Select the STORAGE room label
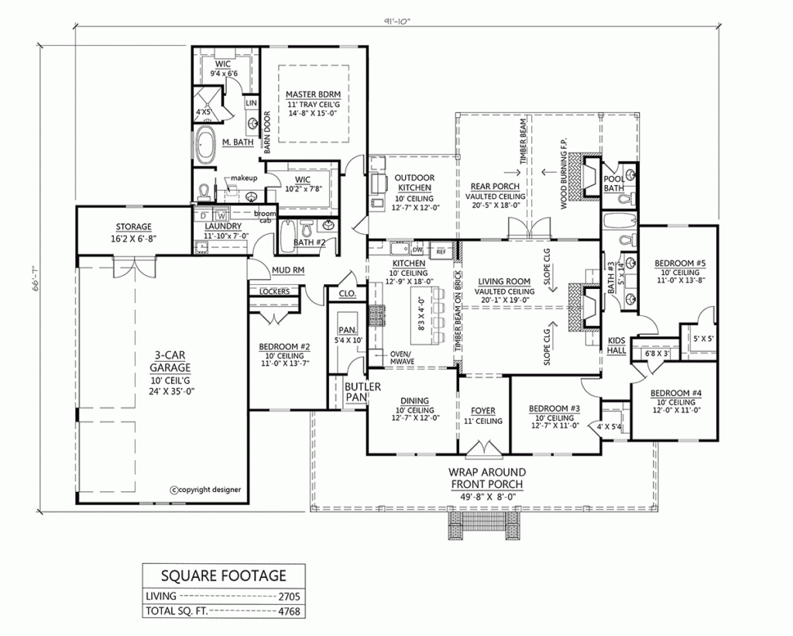[134, 227]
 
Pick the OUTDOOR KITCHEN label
[416, 183]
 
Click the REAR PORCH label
[496, 186]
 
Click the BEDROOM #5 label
[680, 263]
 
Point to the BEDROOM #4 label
[678, 393]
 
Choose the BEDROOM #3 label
[554, 409]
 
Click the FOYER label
[485, 411]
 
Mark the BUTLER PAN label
[355, 390]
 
